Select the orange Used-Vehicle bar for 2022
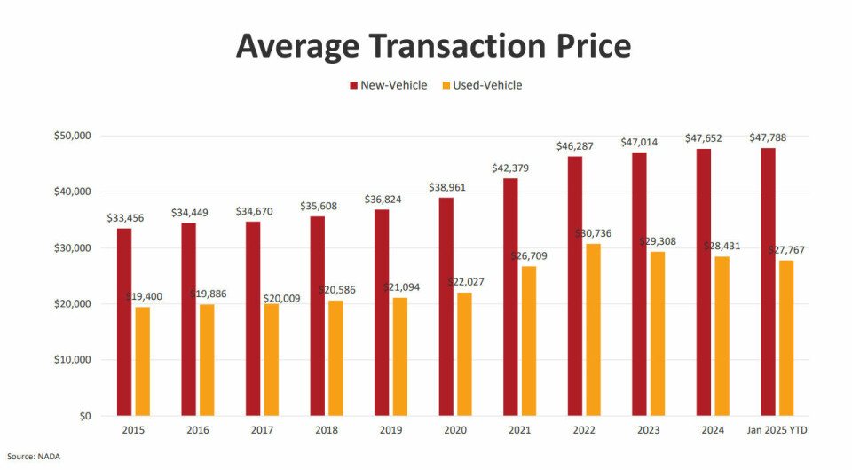[x=593, y=329]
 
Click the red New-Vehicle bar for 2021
[x=510, y=296]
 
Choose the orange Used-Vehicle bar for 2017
[x=272, y=359]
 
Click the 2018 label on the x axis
[x=327, y=430]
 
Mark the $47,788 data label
[x=768, y=137]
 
